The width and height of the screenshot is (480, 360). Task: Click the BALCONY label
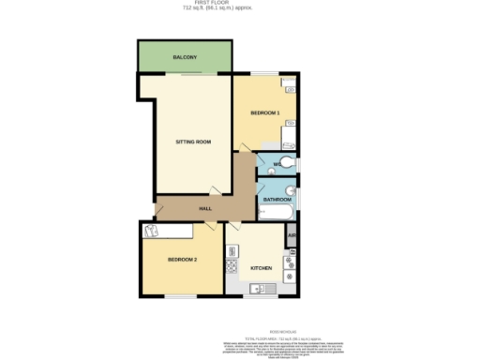(184, 58)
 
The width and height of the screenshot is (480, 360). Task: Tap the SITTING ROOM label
(193, 142)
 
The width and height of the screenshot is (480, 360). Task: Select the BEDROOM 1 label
(265, 113)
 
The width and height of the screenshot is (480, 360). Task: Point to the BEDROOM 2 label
(182, 259)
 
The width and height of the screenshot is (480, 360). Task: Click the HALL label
(206, 209)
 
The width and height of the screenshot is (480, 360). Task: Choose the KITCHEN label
(261, 269)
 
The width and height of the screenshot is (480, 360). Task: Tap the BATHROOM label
(276, 200)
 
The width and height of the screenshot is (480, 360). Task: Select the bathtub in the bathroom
(277, 213)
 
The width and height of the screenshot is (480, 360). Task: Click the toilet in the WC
(288, 165)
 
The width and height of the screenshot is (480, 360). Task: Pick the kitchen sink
(261, 289)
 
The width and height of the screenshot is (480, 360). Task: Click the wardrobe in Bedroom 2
(169, 230)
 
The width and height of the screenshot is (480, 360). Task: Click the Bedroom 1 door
(245, 146)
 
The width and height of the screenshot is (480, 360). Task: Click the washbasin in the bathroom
(291, 191)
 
